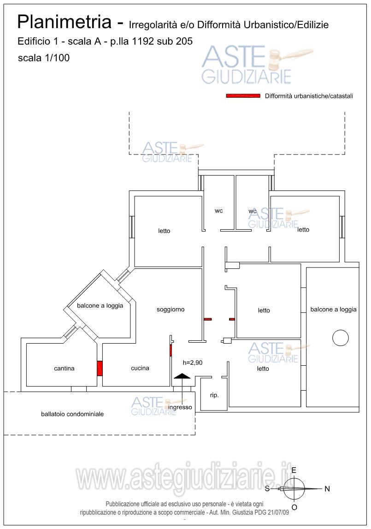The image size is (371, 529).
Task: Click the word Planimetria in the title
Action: pyautogui.click(x=64, y=22)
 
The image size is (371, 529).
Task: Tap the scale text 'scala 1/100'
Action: pyautogui.click(x=44, y=58)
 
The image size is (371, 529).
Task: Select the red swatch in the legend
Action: pyautogui.click(x=243, y=96)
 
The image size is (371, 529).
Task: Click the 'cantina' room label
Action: pyautogui.click(x=64, y=369)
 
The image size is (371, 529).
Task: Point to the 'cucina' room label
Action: pyautogui.click(x=140, y=368)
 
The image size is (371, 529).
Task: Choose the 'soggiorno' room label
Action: pyautogui.click(x=171, y=309)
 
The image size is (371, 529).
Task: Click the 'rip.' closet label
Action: pyautogui.click(x=214, y=395)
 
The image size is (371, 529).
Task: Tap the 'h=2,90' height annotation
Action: pyautogui.click(x=193, y=363)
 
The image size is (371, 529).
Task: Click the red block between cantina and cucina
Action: pyautogui.click(x=100, y=369)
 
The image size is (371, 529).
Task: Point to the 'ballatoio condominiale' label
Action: pyautogui.click(x=72, y=414)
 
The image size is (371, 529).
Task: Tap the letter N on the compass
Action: pyautogui.click(x=327, y=489)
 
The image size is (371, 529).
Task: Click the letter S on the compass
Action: pyautogui.click(x=267, y=489)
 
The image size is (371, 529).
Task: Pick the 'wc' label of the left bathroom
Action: pyautogui.click(x=218, y=211)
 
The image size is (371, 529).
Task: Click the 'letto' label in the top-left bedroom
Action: pyautogui.click(x=164, y=231)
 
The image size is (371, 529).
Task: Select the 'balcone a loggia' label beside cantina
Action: pyautogui.click(x=100, y=306)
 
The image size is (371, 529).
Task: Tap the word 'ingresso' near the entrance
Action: pyautogui.click(x=180, y=407)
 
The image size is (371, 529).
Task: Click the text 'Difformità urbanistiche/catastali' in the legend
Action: pyautogui.click(x=309, y=96)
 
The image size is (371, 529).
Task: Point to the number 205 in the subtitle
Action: pyautogui.click(x=184, y=41)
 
